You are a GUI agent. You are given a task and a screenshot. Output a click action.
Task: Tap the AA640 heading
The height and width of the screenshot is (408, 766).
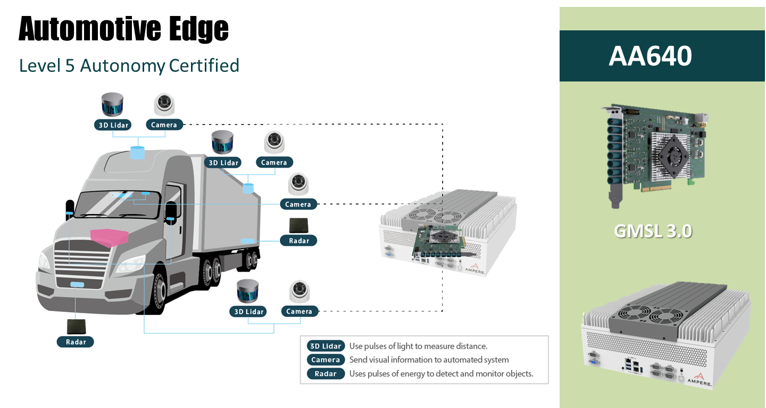tap(650, 56)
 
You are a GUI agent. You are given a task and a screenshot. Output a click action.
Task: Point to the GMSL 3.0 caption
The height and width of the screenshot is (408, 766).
tap(653, 231)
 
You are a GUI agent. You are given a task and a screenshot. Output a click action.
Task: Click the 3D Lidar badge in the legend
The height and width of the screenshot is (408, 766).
tap(326, 346)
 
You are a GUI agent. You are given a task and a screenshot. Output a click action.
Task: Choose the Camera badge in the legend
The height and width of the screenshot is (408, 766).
tap(326, 360)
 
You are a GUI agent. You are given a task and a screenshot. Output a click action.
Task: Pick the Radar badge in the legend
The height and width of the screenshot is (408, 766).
tap(326, 373)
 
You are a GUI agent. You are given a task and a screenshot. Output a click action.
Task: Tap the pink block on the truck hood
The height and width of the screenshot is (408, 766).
tap(110, 237)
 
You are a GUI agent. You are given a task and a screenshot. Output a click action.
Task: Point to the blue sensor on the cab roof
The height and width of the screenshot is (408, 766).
tap(138, 153)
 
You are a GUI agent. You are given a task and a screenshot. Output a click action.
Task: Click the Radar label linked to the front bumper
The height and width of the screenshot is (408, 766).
tap(76, 341)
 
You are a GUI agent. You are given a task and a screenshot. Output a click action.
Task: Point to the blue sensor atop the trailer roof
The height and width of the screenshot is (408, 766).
tap(248, 188)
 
